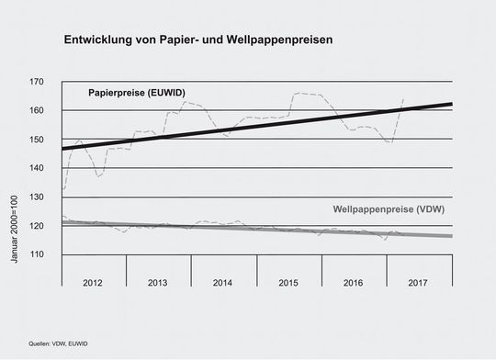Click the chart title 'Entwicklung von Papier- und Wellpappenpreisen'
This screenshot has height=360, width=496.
coord(197,41)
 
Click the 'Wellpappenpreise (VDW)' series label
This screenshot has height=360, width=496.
coord(389,209)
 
